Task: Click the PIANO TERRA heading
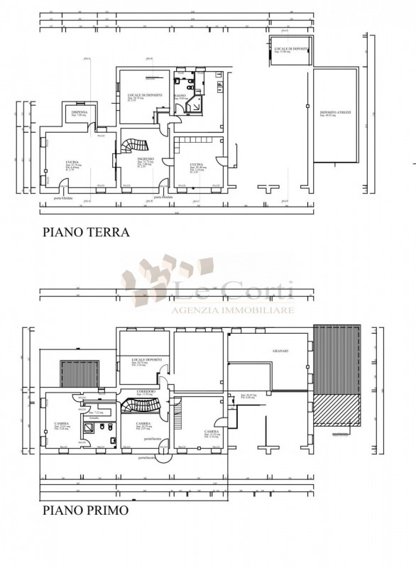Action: click(85, 231)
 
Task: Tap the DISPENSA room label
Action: click(80, 112)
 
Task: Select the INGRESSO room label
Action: click(146, 160)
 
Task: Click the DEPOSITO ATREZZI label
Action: click(335, 113)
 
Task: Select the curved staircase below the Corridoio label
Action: click(139, 405)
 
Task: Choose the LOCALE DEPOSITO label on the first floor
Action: click(147, 360)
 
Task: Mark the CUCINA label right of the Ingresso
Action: click(197, 164)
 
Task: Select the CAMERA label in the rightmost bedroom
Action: click(211, 431)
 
